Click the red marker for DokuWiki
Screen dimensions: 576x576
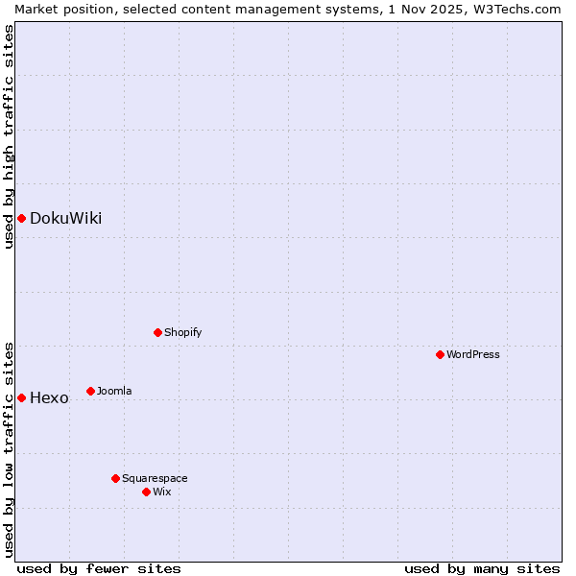point(21,218)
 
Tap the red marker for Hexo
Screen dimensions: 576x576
point(21,397)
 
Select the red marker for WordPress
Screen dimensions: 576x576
point(440,354)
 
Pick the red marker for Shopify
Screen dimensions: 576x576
point(157,332)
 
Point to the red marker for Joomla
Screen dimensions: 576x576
point(90,391)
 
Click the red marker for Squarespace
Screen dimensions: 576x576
point(115,478)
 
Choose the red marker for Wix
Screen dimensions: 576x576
point(146,492)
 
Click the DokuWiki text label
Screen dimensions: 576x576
point(65,218)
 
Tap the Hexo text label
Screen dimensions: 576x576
point(49,397)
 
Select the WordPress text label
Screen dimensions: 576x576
point(473,354)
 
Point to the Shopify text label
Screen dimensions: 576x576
point(182,332)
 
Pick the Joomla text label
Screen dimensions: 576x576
point(114,391)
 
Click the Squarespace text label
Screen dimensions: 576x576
point(155,478)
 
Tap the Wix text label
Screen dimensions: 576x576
point(161,492)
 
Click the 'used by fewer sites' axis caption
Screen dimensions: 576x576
point(99,568)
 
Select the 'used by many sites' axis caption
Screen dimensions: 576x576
point(482,568)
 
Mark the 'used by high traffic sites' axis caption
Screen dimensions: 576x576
point(9,136)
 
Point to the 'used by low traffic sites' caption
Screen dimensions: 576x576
point(9,448)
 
